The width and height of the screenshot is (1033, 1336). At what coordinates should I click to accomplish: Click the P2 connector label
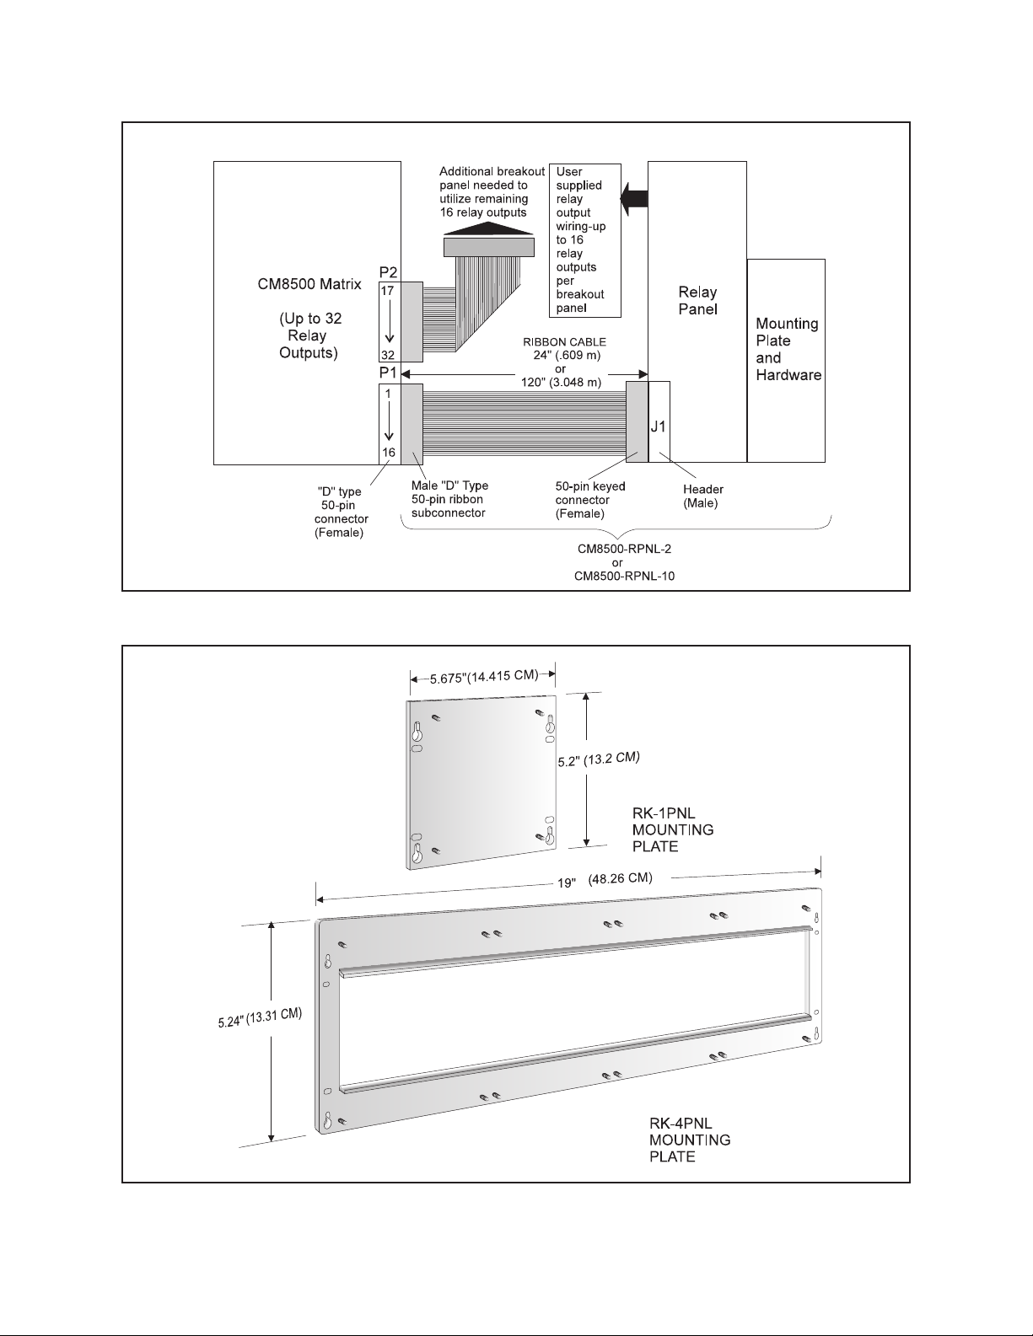click(388, 272)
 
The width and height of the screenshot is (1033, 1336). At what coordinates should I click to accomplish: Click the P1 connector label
click(388, 373)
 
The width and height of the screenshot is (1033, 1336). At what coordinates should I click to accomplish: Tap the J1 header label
click(659, 427)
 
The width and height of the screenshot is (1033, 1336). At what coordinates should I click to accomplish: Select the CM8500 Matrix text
click(309, 285)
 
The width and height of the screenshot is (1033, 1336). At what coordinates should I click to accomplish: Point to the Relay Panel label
click(697, 300)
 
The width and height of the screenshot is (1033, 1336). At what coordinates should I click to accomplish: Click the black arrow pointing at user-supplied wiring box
click(633, 199)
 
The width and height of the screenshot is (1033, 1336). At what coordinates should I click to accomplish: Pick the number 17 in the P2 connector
click(387, 289)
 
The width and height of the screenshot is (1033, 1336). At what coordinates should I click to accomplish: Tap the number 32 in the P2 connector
click(387, 355)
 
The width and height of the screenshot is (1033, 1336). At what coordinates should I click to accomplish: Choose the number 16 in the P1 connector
click(389, 453)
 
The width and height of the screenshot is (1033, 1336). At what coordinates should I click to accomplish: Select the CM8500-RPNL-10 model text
click(618, 576)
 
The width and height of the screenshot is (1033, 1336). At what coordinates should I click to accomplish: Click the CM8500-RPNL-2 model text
click(618, 549)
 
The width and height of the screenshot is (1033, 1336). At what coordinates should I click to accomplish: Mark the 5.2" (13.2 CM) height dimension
click(600, 759)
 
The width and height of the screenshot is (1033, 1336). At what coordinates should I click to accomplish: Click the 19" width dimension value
click(567, 883)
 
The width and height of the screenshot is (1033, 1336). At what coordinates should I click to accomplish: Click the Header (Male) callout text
click(702, 496)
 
